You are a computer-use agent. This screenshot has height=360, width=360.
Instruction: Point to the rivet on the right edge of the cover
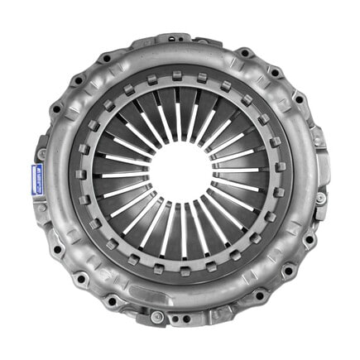(320, 198)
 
